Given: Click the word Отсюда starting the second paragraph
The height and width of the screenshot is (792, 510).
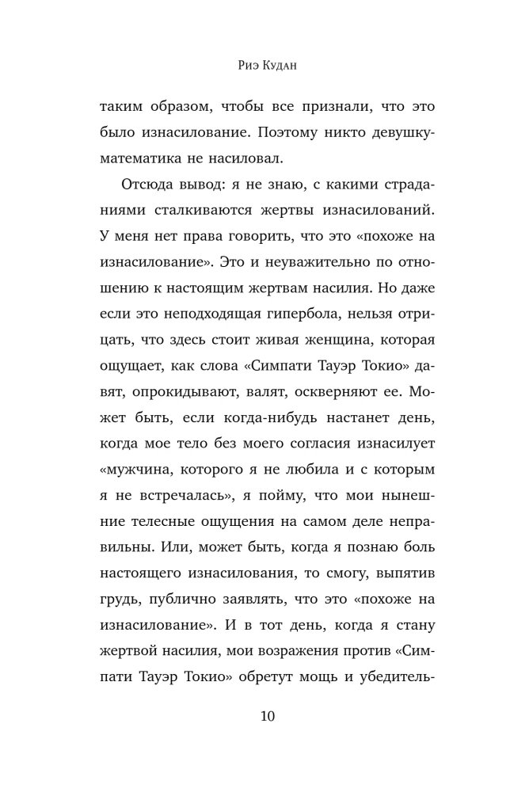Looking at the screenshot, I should (x=148, y=184).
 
